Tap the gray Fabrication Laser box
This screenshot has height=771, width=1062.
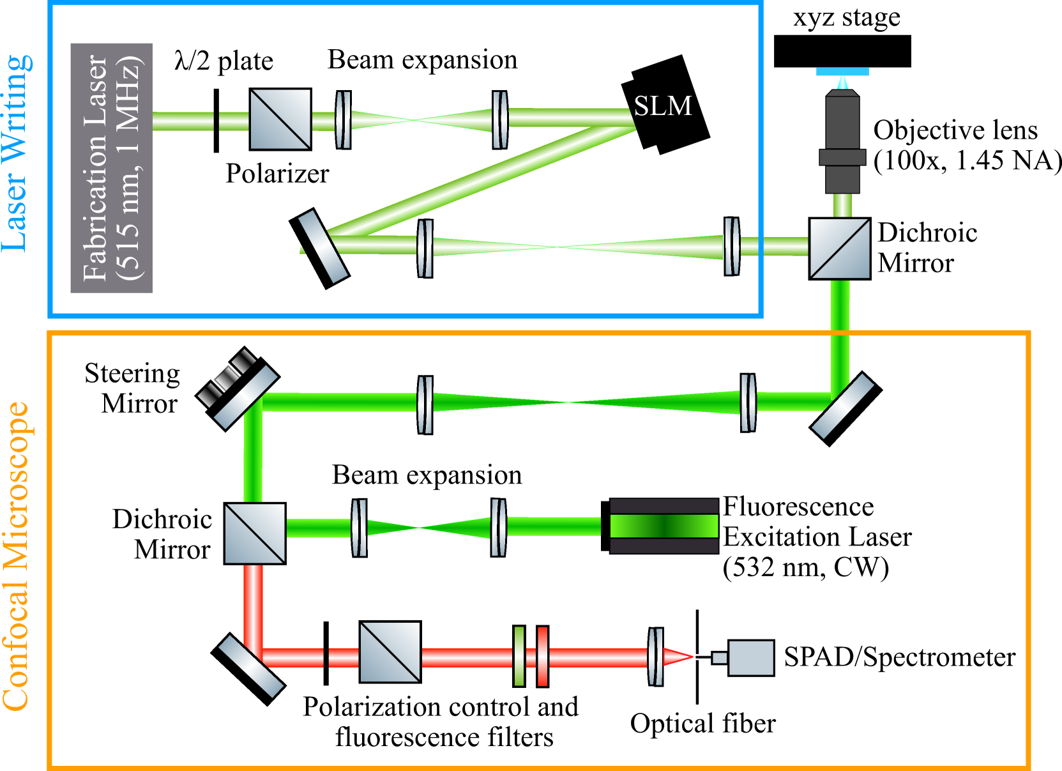tap(112, 168)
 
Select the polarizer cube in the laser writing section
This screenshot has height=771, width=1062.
tap(280, 119)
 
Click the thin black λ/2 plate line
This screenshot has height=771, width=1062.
tap(216, 121)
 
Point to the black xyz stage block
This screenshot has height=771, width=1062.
tap(842, 51)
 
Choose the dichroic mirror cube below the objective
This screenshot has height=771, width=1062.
tap(840, 248)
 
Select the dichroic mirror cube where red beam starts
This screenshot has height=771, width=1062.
tap(255, 533)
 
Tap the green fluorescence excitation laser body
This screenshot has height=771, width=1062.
tap(664, 526)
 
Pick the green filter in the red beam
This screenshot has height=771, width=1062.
tap(519, 656)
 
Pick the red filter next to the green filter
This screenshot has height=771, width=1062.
tap(542, 656)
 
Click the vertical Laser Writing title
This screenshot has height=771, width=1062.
tap(17, 153)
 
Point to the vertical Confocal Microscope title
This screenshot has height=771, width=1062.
tap(17, 556)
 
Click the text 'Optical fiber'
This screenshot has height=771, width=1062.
tap(702, 724)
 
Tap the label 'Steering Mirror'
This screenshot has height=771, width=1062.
tap(133, 388)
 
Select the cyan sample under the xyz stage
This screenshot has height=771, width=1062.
tap(842, 72)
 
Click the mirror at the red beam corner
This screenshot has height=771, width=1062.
tap(248, 669)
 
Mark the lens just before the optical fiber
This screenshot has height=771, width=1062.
tap(655, 657)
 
